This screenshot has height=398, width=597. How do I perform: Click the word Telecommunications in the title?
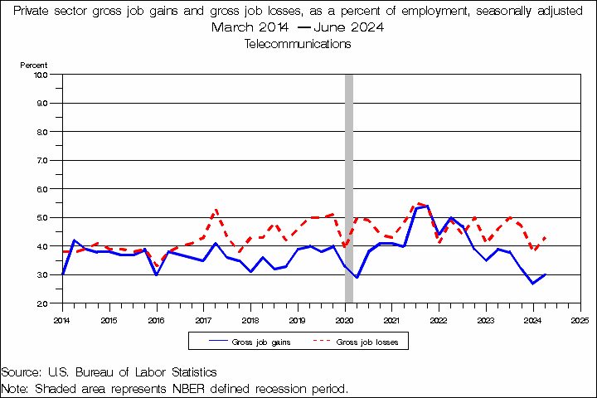(x=298, y=44)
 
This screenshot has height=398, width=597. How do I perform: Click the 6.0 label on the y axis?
(x=41, y=189)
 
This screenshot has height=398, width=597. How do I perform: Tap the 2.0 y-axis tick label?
(x=41, y=303)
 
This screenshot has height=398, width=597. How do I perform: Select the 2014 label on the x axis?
(x=61, y=318)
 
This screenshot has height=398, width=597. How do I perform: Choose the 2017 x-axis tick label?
(x=203, y=318)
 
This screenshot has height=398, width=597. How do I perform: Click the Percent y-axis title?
(x=34, y=65)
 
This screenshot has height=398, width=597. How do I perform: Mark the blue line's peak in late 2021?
(x=427, y=206)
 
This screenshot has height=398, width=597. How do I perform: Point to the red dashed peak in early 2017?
(x=216, y=210)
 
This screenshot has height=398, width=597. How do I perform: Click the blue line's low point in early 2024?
(x=533, y=284)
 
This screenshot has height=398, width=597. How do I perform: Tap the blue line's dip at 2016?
(x=156, y=274)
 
